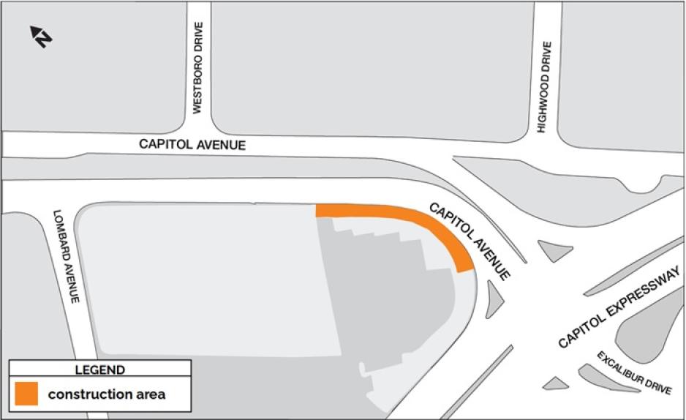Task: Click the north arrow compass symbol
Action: pos(40,36)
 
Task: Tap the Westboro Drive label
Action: pos(197,67)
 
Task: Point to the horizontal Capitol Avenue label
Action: pos(192,145)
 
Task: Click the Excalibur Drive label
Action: pos(633,373)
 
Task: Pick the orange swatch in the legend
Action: pos(26,394)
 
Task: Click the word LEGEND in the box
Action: pos(99,370)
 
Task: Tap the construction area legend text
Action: pos(107,395)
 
